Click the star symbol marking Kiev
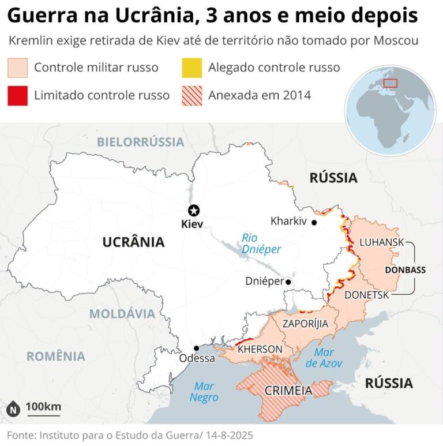coord(194,210)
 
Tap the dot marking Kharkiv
coord(314,222)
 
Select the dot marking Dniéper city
coord(288,282)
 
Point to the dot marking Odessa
coord(197,348)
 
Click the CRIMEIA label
coord(288,391)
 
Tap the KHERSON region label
coord(260,350)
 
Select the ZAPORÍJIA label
coord(305,324)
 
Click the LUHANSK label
coord(381,242)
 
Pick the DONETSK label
coord(367,295)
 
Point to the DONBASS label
coord(405,269)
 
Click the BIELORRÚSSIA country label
coord(140,142)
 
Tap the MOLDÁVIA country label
coord(122,314)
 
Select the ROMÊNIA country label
coord(56,356)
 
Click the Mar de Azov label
coord(324,358)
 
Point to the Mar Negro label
coord(204,392)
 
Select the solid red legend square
coord(17,95)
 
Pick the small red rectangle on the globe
coord(391,83)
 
